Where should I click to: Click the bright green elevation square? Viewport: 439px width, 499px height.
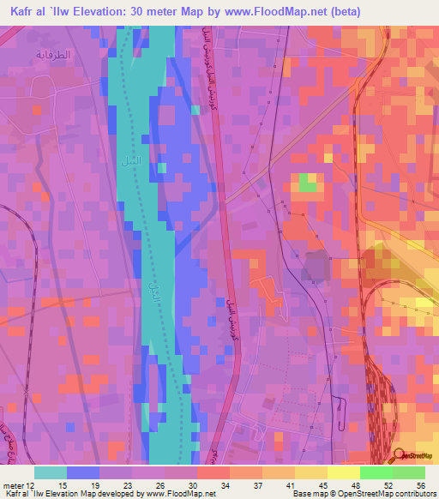(x=307, y=182)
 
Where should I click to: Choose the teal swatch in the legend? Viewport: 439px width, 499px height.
(x=51, y=472)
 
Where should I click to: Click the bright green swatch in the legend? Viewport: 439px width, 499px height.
(x=376, y=472)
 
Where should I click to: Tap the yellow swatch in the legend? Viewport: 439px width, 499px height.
(x=344, y=472)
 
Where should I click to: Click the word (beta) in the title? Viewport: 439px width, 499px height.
(x=342, y=12)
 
